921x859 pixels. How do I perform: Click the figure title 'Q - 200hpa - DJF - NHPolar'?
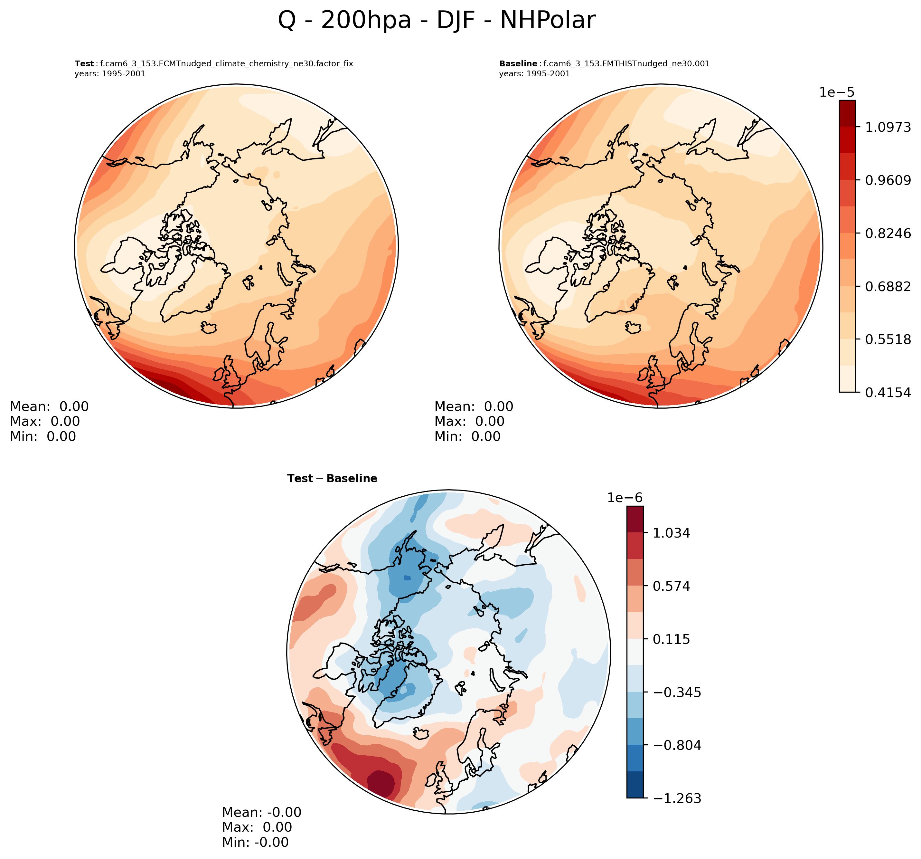[x=437, y=21]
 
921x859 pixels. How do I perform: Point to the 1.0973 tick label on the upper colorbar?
[x=888, y=127]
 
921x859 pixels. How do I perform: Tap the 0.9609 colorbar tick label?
[x=888, y=180]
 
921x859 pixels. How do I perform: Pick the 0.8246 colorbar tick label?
[x=888, y=233]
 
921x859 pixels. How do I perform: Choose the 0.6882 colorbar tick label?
[x=888, y=286]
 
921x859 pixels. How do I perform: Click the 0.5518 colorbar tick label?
[x=888, y=339]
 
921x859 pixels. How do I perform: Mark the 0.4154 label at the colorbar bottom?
[x=888, y=393]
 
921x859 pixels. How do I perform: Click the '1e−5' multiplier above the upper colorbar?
[x=837, y=92]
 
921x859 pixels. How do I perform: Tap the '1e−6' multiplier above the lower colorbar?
[x=625, y=498]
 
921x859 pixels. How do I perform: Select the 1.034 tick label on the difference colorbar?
[x=671, y=533]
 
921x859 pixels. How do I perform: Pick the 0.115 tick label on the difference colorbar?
[x=671, y=639]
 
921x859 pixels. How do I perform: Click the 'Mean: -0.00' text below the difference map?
[x=262, y=812]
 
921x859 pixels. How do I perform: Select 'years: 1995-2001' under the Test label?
[x=110, y=74]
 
